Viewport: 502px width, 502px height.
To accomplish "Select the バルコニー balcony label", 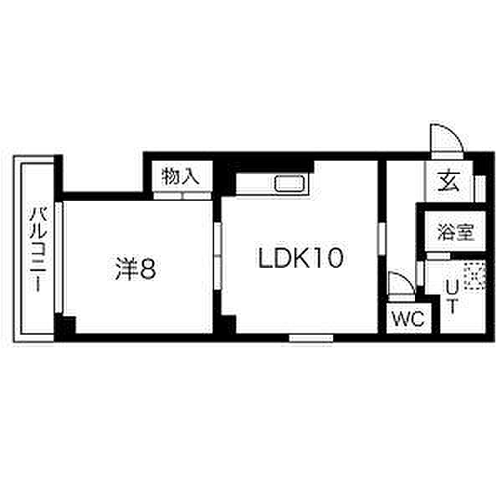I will [37, 248].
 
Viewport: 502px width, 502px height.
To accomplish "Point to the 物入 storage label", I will [181, 177].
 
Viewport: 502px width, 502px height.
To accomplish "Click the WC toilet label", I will [407, 319].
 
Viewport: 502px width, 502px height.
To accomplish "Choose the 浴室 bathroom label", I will [455, 233].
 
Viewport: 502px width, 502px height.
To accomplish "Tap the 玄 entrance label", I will [449, 179].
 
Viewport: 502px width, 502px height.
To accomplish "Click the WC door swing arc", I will [401, 287].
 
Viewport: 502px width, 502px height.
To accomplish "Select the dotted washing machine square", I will [474, 276].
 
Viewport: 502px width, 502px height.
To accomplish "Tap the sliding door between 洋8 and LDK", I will [217, 260].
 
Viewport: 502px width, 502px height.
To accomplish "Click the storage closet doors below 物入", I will [182, 196].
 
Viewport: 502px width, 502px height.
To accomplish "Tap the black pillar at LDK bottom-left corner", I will [228, 325].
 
